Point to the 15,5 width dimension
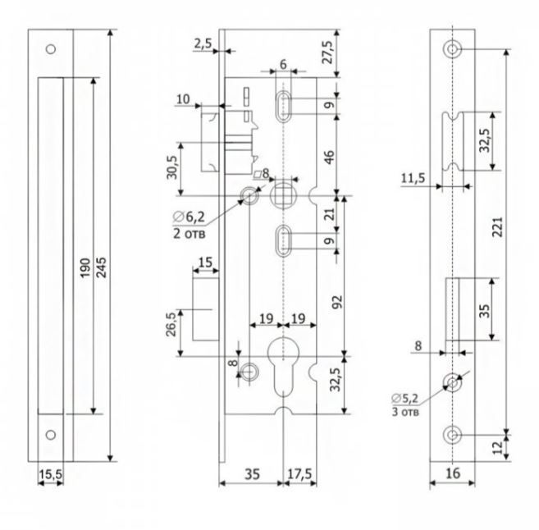(50, 474)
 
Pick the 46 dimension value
(329, 156)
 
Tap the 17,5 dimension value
(299, 473)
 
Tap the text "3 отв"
(405, 413)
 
